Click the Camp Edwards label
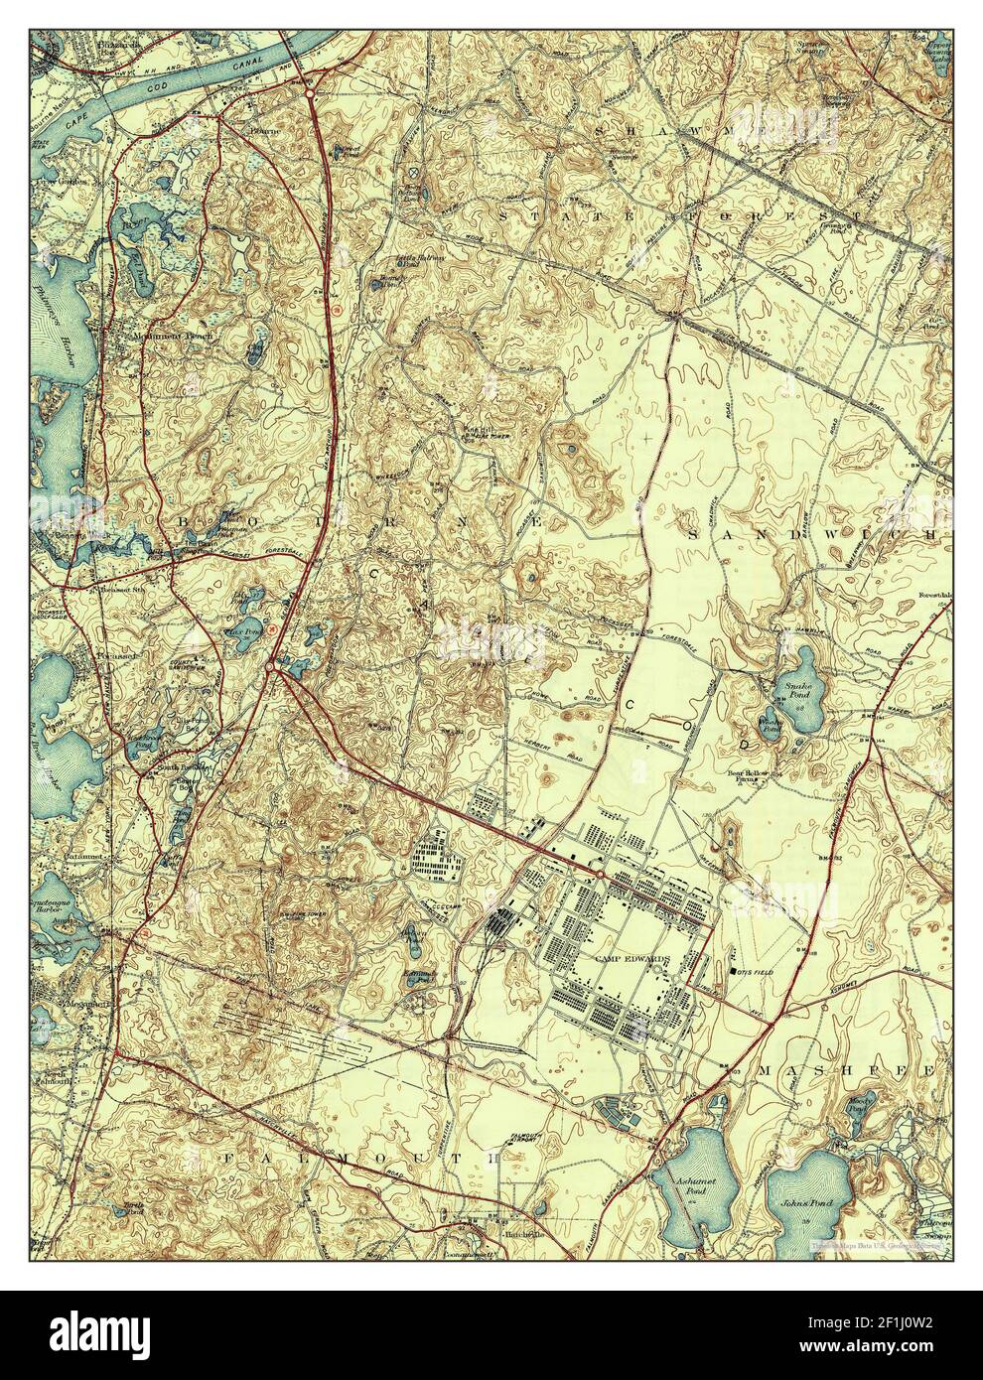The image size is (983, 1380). coord(632,959)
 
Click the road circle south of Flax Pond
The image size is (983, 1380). coord(270,672)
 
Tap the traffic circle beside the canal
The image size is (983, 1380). coord(311,94)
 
